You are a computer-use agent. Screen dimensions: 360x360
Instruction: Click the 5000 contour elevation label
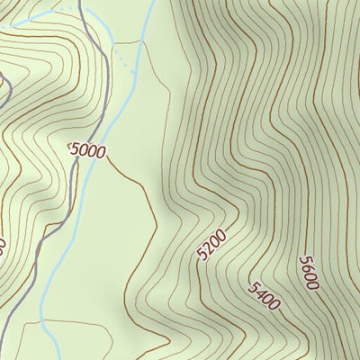pos(88,151)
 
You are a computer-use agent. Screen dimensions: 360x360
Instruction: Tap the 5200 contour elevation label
pos(212,245)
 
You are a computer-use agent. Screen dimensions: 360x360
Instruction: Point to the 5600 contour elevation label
pos(309,272)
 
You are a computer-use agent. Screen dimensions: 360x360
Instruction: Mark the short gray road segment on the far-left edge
pos(3,85)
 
